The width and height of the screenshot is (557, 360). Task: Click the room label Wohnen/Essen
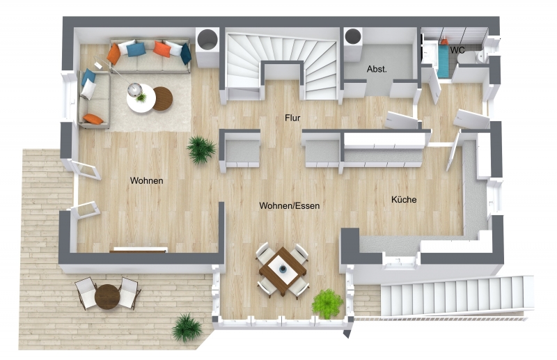[289, 205]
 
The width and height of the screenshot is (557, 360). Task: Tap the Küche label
[404, 199]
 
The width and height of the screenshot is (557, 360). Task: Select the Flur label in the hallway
[292, 118]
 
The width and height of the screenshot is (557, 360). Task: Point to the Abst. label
[377, 69]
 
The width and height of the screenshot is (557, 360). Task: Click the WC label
[457, 50]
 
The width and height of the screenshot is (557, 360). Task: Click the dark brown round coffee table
[163, 99]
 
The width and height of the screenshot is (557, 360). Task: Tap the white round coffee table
[141, 99]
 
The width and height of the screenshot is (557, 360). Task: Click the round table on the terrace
[107, 297]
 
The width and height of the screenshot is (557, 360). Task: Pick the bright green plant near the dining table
[327, 304]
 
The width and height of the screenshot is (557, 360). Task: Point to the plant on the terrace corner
[187, 328]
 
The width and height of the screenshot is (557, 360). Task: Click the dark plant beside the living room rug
[201, 150]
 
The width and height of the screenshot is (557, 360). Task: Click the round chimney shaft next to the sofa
[207, 38]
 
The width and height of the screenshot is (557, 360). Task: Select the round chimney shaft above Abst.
[353, 36]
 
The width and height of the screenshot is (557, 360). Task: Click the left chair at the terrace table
[86, 293]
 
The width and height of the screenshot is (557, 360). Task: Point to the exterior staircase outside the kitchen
[457, 296]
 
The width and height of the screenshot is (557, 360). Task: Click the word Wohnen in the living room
[146, 180]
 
